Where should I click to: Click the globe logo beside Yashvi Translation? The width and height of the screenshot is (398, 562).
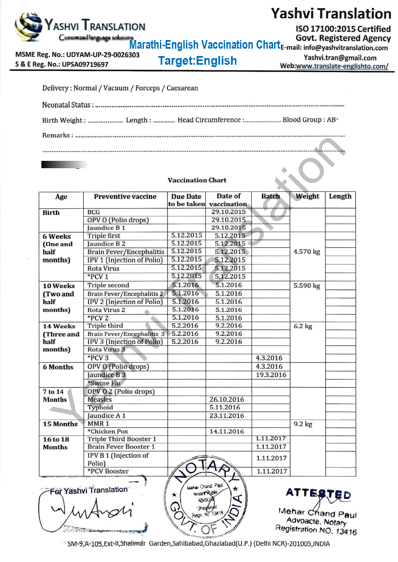point(29,27)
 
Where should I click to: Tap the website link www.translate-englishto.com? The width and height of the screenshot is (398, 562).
point(342,66)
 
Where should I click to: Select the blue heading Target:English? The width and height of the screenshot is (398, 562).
point(197,61)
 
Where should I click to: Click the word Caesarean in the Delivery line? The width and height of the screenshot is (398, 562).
point(182,88)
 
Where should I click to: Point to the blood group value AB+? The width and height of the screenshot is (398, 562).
point(332,119)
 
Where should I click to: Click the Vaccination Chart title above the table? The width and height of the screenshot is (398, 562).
point(197,180)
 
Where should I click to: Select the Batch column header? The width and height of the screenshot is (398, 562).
point(270,196)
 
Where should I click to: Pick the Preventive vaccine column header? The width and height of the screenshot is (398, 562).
point(125,197)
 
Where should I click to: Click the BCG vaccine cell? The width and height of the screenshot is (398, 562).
point(93,212)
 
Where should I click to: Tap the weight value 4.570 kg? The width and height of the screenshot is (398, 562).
point(307,252)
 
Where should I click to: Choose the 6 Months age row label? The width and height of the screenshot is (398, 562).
point(58,367)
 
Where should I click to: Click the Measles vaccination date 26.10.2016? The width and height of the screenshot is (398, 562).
point(227,399)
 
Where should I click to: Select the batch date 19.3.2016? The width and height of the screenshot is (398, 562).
point(271,375)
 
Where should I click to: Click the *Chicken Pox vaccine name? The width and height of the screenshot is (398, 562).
point(108,432)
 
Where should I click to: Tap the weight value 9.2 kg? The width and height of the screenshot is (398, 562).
point(303,424)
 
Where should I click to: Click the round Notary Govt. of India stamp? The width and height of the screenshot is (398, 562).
point(206,497)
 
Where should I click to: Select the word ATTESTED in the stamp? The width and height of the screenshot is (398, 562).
point(318,494)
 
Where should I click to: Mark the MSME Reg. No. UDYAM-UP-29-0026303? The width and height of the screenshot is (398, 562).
point(77,55)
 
